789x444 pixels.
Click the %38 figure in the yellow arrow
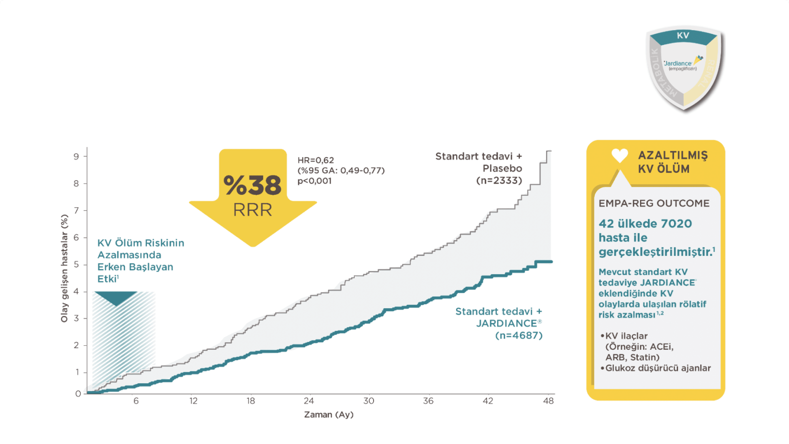coord(253,185)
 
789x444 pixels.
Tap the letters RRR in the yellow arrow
coord(253,210)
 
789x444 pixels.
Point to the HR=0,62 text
coord(315,160)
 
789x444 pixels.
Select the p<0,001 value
coord(314,181)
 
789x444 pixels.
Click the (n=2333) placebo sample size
coord(499,180)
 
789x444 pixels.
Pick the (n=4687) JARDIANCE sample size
coord(519,335)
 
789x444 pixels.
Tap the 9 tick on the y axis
coord(76,156)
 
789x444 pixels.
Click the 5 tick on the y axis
coord(76,264)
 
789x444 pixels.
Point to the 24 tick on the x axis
coord(309,401)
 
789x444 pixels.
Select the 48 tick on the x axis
coord(548,401)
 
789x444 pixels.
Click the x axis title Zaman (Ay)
coord(329,415)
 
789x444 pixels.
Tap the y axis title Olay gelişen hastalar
coord(64,268)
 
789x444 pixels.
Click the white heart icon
coord(620,156)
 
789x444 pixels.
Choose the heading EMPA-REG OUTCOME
coord(654,203)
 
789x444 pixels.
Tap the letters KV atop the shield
coord(683,35)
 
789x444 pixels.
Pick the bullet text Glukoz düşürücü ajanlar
coord(658,368)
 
